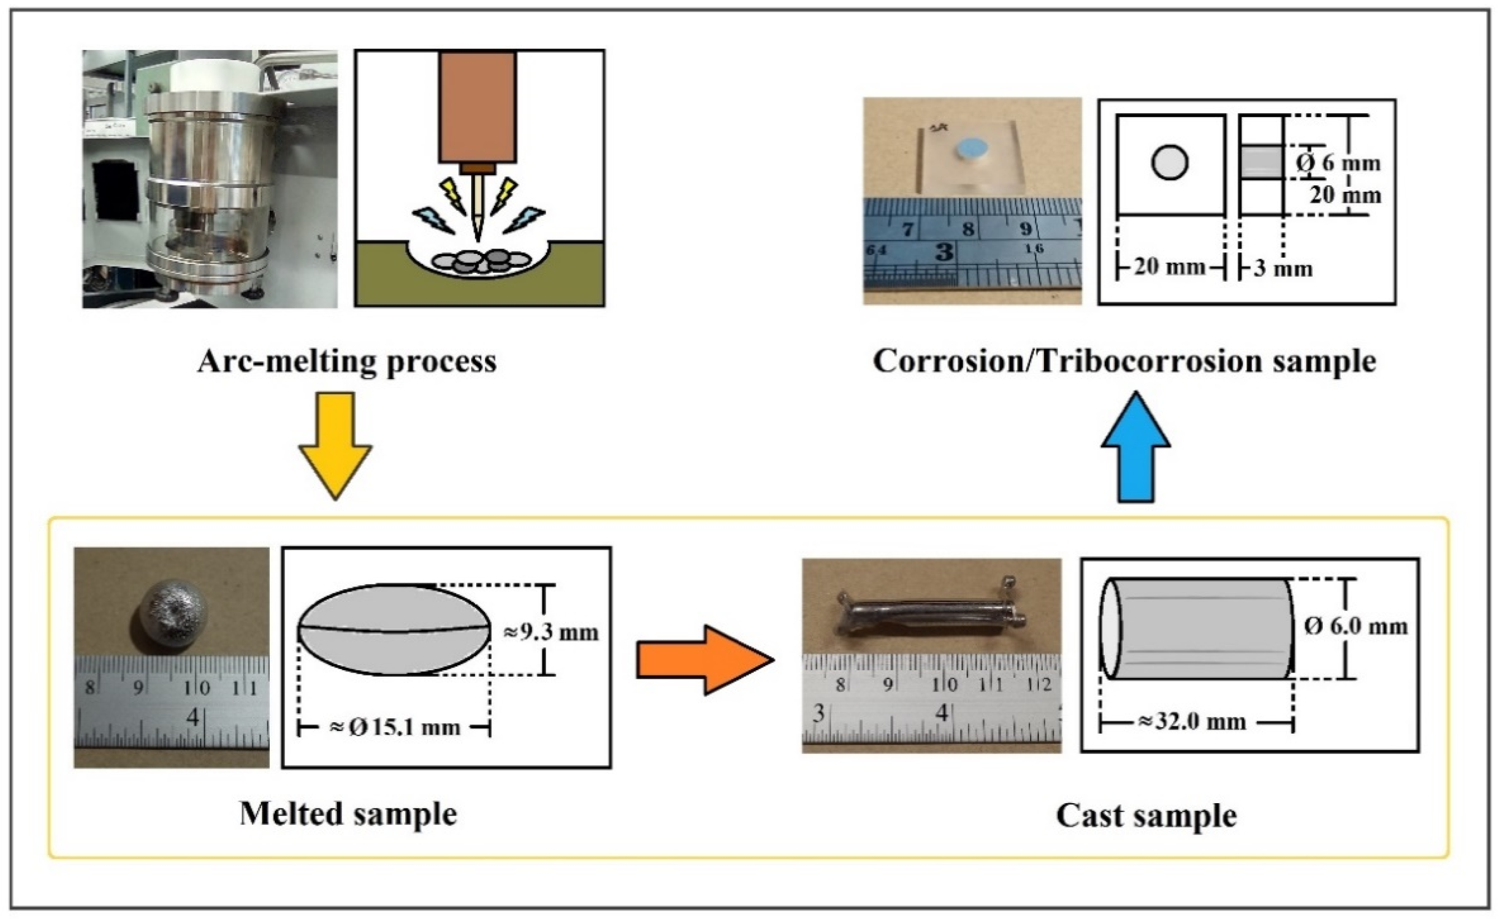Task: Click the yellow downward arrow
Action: (x=335, y=446)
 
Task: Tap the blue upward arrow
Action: (x=1136, y=447)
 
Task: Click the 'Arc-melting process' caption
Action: (x=347, y=361)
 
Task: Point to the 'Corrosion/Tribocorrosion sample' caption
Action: (x=1125, y=361)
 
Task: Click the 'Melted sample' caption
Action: (x=348, y=814)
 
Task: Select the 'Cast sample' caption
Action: (x=1147, y=815)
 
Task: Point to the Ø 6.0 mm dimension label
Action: (x=1356, y=626)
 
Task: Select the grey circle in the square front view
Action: (x=1169, y=163)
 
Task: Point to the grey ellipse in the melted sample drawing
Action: (x=395, y=629)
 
